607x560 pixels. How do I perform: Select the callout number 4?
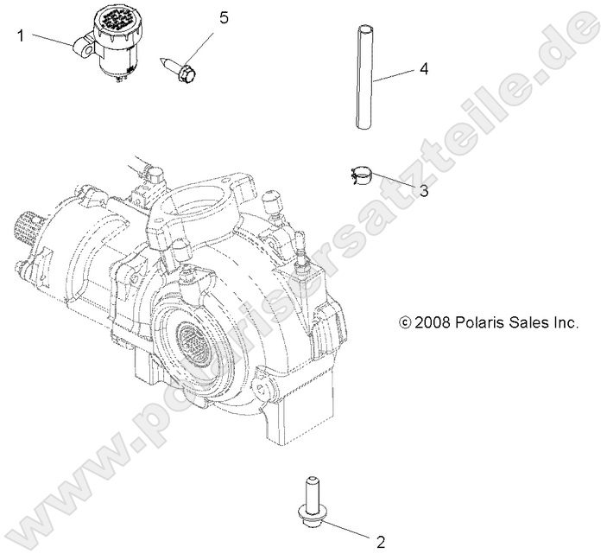[x=424, y=69]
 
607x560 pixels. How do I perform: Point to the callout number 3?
[x=423, y=191]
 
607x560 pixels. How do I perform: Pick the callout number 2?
[x=378, y=542]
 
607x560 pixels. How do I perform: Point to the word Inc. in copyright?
[x=565, y=322]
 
